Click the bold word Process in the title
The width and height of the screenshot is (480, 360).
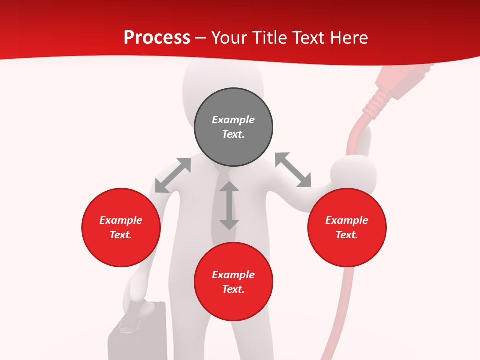pos(157,38)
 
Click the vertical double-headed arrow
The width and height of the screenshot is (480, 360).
pos(229,205)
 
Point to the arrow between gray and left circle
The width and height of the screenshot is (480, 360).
pos(173,175)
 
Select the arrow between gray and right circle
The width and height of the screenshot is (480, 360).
pos(293,170)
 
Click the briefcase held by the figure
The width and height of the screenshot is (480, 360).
pos(137,335)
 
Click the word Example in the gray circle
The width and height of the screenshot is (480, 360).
pos(233,120)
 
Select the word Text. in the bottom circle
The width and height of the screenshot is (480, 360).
pos(233,289)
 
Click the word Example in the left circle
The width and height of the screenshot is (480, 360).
pos(121,220)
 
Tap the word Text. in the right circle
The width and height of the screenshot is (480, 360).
pos(347,235)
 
